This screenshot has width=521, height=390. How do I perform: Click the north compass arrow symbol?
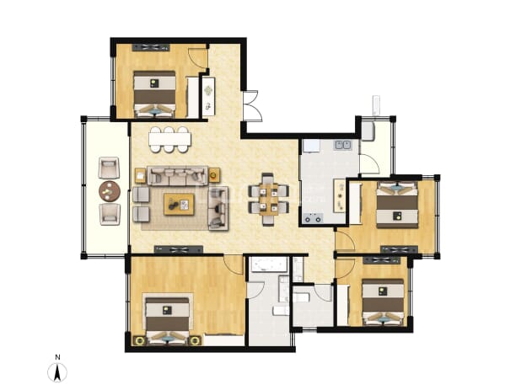coord(57,372)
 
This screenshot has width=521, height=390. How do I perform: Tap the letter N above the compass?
coord(57,357)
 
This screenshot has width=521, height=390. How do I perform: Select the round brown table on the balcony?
coord(110,191)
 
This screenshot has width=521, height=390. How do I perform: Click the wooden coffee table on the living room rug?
coord(179,205)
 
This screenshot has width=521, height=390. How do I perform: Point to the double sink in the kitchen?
coord(343,145)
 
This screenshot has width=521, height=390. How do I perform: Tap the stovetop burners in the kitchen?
coord(314,218)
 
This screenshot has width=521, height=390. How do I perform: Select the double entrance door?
coord(252,106)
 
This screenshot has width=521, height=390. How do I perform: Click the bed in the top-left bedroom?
coord(154,94)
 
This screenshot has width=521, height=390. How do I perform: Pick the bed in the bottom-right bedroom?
coord(383,302)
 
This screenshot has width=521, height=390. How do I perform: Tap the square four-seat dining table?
coord(268,200)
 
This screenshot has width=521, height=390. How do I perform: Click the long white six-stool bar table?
coord(169,139)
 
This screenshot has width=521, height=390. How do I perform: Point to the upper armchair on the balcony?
coord(109,168)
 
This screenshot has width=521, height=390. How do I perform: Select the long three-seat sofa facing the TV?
coord(178,175)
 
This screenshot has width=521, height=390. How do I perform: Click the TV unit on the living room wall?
coord(179,249)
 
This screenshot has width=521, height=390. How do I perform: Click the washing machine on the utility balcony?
coord(368,131)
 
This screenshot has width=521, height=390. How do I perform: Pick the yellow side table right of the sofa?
coord(214,174)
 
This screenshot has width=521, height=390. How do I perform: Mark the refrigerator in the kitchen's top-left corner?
coord(311,147)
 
